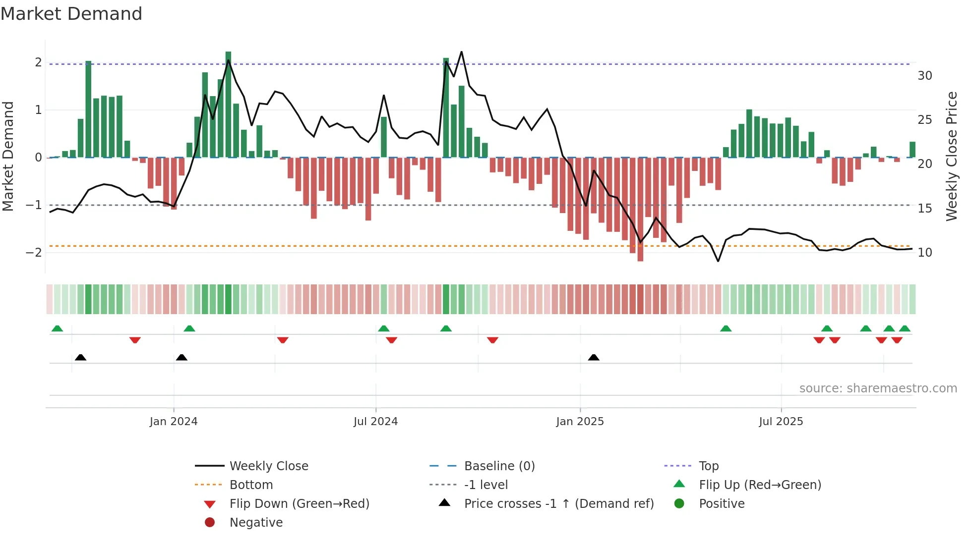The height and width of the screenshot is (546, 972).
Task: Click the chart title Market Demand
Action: [x=71, y=14]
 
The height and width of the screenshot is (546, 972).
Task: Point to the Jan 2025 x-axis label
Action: [x=580, y=422]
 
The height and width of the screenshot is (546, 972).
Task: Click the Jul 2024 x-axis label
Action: [x=375, y=422]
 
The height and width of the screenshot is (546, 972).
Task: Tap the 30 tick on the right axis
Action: [x=924, y=76]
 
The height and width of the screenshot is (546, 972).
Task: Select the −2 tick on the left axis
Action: [x=34, y=252]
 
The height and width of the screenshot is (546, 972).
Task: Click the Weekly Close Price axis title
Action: [x=951, y=156]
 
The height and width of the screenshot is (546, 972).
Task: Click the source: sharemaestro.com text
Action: [x=878, y=388]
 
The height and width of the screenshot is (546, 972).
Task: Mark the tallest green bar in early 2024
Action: [x=228, y=104]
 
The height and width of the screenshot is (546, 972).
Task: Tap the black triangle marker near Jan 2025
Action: [x=594, y=357]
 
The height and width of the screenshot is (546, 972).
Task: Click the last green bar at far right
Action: [x=912, y=150]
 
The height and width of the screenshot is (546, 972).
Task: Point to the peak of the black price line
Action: [x=462, y=52]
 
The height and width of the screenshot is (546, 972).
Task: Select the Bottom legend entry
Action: [x=251, y=485]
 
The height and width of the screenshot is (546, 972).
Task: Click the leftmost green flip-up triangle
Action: [x=58, y=328]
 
